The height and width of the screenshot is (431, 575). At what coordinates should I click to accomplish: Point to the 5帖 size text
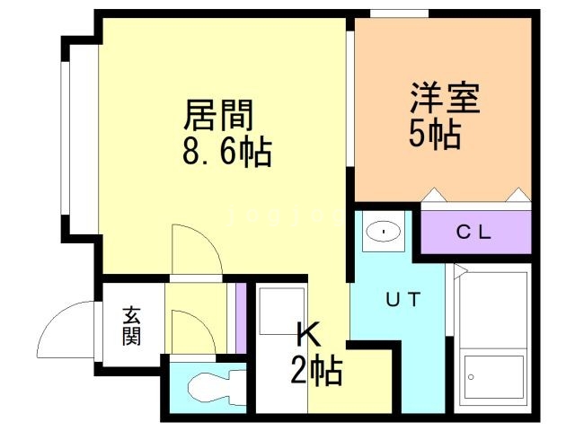click(436, 135)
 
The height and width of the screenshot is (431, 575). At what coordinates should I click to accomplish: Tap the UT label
click(402, 300)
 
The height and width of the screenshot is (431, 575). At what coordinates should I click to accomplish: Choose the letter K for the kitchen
click(307, 336)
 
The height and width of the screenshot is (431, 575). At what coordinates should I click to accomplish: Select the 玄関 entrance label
click(132, 325)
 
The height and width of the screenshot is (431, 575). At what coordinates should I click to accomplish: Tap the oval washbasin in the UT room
click(385, 233)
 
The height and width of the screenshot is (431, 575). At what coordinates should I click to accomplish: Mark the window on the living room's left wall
click(65, 135)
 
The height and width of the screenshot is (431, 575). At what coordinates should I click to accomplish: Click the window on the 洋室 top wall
click(399, 13)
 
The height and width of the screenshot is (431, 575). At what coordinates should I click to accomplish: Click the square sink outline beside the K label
click(280, 311)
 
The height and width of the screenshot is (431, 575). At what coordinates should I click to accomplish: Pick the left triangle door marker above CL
click(434, 195)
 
